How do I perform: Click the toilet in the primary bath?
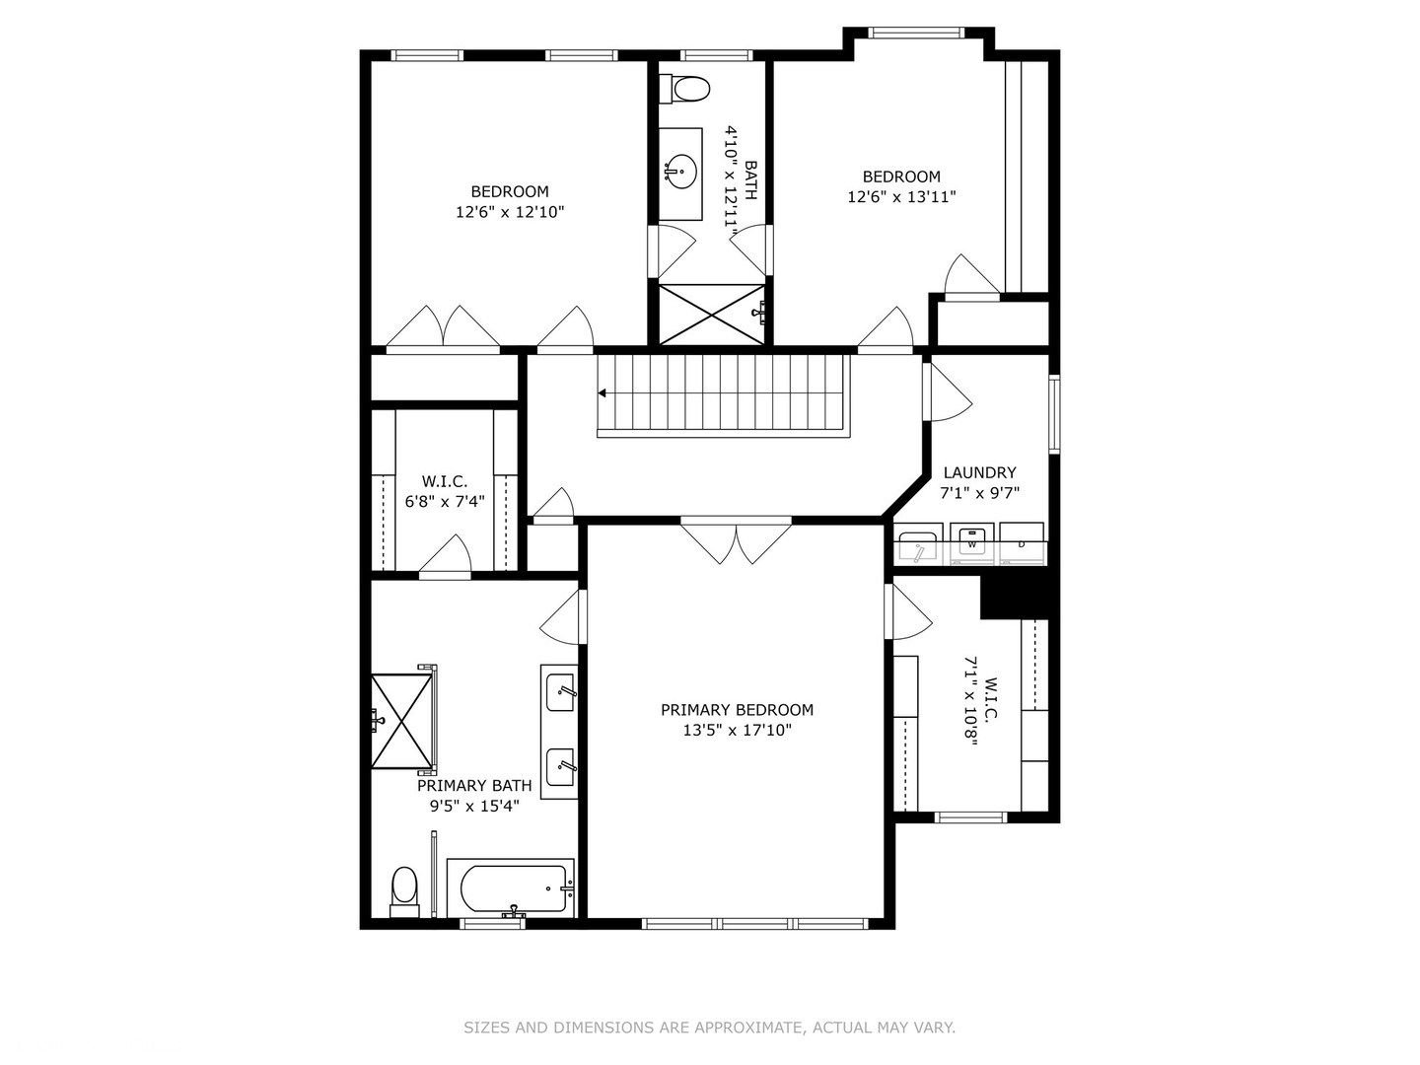click(404, 887)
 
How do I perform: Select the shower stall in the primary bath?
click(402, 720)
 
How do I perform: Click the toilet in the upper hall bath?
click(688, 90)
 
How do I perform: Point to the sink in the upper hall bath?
click(679, 172)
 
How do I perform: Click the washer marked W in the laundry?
click(972, 543)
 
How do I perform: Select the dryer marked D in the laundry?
click(1022, 543)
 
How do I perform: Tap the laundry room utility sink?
click(918, 545)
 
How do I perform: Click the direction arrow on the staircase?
click(603, 393)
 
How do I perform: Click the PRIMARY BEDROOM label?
click(737, 710)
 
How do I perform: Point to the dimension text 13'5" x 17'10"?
click(737, 731)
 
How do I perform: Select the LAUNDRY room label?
click(979, 472)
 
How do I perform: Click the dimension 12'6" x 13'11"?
click(901, 197)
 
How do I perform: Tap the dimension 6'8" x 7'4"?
click(445, 502)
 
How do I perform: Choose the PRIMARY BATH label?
click(474, 786)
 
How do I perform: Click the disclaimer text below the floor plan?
click(709, 1028)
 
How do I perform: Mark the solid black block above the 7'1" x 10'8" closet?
click(1016, 597)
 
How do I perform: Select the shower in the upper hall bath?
click(711, 315)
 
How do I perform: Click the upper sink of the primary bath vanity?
click(560, 687)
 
